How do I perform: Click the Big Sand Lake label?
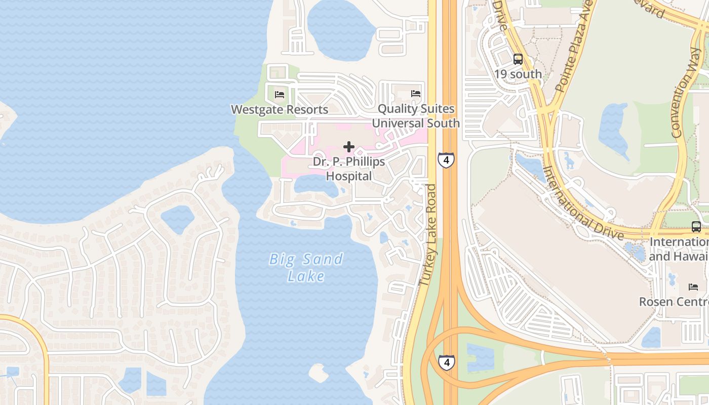pyautogui.click(x=306, y=267)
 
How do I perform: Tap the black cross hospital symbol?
pyautogui.click(x=348, y=147)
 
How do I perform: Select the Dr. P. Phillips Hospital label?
pyautogui.click(x=349, y=169)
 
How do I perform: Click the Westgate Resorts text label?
pyautogui.click(x=280, y=109)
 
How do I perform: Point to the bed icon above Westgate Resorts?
pyautogui.click(x=280, y=94)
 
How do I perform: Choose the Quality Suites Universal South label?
pyautogui.click(x=416, y=116)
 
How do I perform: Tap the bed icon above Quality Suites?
pyautogui.click(x=416, y=94)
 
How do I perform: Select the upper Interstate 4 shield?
pyautogui.click(x=446, y=160)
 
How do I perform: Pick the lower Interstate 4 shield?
pyautogui.click(x=446, y=362)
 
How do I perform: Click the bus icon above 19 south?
pyautogui.click(x=518, y=59)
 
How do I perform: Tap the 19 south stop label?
pyautogui.click(x=518, y=74)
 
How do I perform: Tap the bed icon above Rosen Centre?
pyautogui.click(x=693, y=287)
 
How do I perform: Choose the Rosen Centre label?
pyautogui.click(x=674, y=302)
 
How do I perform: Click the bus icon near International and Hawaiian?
pyautogui.click(x=696, y=226)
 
